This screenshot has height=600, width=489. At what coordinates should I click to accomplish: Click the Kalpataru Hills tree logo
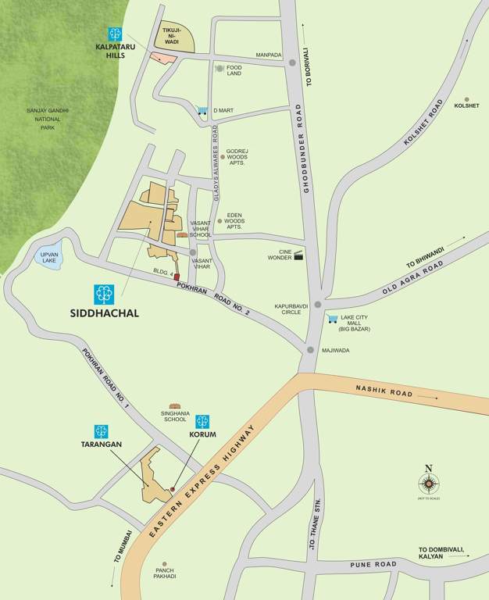(x=116, y=34)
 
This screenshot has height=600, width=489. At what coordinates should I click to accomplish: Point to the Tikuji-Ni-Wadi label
(x=172, y=38)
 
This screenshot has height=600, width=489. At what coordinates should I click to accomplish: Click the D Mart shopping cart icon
(x=203, y=111)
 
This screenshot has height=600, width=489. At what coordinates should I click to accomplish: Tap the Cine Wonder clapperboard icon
(x=298, y=255)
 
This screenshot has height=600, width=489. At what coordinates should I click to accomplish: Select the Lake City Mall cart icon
(x=333, y=319)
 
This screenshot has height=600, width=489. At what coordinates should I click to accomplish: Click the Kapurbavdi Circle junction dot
(x=317, y=305)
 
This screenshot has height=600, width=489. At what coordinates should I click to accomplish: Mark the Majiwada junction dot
(x=311, y=350)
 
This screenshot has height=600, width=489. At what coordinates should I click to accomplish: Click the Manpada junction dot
(x=291, y=63)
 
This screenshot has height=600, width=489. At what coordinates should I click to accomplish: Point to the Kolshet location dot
(x=467, y=100)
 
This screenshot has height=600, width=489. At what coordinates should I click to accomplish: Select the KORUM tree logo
(x=202, y=421)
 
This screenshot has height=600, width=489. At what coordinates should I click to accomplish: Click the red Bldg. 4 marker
(x=177, y=277)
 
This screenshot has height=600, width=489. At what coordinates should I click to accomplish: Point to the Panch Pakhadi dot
(x=164, y=562)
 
